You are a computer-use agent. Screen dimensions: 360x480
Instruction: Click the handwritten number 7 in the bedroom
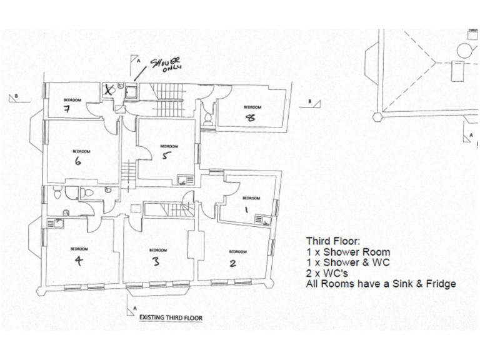click(x=66, y=109)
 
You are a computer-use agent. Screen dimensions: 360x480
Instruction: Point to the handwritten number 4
click(x=78, y=262)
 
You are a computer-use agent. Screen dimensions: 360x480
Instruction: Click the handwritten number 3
click(x=156, y=262)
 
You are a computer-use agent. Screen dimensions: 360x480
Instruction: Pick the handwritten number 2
click(x=232, y=263)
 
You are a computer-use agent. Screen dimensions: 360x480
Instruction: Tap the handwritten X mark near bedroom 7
click(x=111, y=90)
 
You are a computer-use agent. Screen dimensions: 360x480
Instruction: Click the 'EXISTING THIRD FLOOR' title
click(x=170, y=317)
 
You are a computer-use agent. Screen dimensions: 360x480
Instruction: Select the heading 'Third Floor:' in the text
click(x=329, y=241)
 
